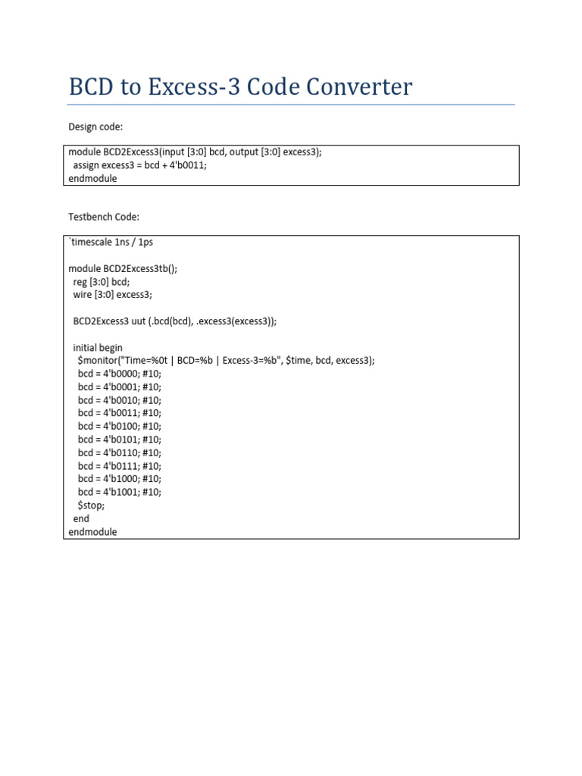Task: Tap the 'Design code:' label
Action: click(95, 127)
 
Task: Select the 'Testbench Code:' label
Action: click(104, 217)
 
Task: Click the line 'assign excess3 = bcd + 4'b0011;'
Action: click(139, 165)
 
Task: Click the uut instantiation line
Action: click(175, 321)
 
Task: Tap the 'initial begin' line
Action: click(97, 347)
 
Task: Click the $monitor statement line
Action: click(226, 361)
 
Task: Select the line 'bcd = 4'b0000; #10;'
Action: click(119, 374)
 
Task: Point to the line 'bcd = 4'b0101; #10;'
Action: click(119, 440)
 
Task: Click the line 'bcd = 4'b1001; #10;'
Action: click(119, 492)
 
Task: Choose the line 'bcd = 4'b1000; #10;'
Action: click(119, 479)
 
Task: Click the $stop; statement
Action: click(91, 505)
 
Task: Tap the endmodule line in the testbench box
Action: click(92, 532)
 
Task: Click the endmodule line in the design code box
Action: click(92, 179)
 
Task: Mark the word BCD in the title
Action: click(95, 87)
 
